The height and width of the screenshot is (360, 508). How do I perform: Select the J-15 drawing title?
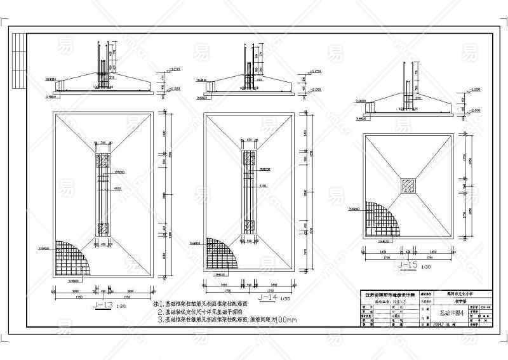point(409,265)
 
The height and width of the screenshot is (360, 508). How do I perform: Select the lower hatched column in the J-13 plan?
point(102,229)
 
